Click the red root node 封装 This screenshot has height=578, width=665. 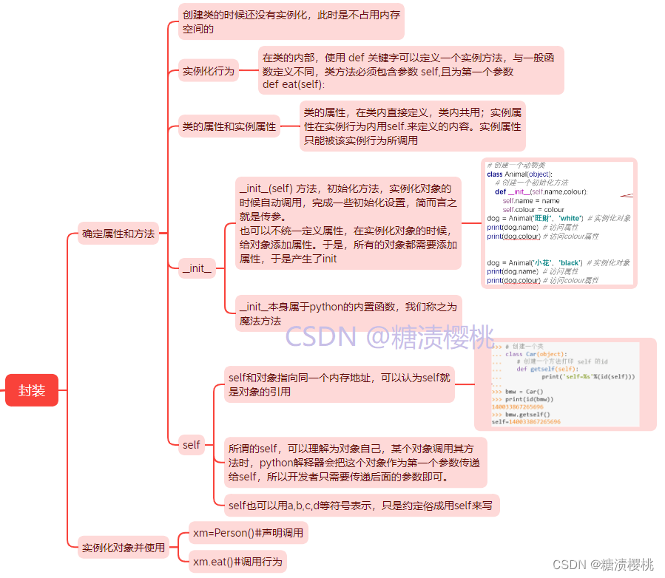pyautogui.click(x=32, y=390)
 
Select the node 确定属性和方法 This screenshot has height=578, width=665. pyautogui.click(x=118, y=234)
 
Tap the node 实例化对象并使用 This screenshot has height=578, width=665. pyautogui.click(x=124, y=548)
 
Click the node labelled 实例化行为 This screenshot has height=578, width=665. pyautogui.click(x=209, y=71)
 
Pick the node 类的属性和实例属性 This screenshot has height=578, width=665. pyautogui.click(x=229, y=126)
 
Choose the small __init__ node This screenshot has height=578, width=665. pyautogui.click(x=198, y=268)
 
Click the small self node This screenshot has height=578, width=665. pyautogui.click(x=191, y=444)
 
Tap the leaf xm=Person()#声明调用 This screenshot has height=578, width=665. pyautogui.click(x=247, y=532)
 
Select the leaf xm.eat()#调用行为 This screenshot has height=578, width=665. pyautogui.click(x=237, y=562)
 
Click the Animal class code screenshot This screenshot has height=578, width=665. pyautogui.click(x=558, y=222)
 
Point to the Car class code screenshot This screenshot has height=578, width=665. pyautogui.click(x=565, y=384)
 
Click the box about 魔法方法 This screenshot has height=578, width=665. pyautogui.click(x=347, y=313)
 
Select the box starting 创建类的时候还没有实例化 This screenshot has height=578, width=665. pyautogui.click(x=291, y=21)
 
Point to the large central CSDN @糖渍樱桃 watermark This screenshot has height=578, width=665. pyautogui.click(x=390, y=337)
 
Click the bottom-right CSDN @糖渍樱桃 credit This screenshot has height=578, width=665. pyautogui.click(x=603, y=565)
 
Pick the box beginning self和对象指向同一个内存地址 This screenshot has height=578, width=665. pyautogui.click(x=340, y=384)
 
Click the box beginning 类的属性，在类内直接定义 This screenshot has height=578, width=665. pyautogui.click(x=412, y=126)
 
